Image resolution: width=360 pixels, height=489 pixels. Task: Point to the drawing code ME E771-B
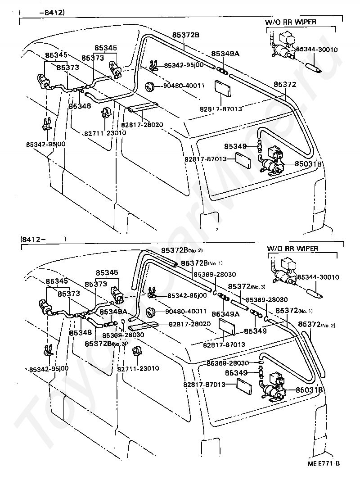[324, 463]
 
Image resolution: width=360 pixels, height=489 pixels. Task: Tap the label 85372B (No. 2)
[182, 250]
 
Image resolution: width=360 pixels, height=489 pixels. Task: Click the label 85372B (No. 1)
[202, 263]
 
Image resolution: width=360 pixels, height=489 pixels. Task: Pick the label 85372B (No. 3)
[106, 344]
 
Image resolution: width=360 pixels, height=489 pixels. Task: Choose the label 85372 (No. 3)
[247, 286]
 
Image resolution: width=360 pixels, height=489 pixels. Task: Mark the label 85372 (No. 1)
[294, 311]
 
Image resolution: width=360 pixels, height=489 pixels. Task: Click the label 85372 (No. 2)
[317, 325]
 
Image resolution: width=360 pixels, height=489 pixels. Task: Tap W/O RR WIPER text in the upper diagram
[291, 22]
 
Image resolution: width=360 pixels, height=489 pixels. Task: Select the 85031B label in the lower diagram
[309, 389]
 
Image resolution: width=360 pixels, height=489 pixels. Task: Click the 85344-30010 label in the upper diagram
[317, 49]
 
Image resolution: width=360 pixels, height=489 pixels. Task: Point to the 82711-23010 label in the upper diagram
[105, 133]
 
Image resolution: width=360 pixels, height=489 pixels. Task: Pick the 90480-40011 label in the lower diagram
[186, 311]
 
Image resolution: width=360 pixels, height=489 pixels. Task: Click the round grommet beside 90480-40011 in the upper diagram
[151, 86]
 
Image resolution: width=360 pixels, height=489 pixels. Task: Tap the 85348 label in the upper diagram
[80, 106]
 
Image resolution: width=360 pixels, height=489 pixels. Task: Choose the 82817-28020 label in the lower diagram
[190, 324]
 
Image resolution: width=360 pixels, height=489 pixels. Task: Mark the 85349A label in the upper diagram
[225, 54]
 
